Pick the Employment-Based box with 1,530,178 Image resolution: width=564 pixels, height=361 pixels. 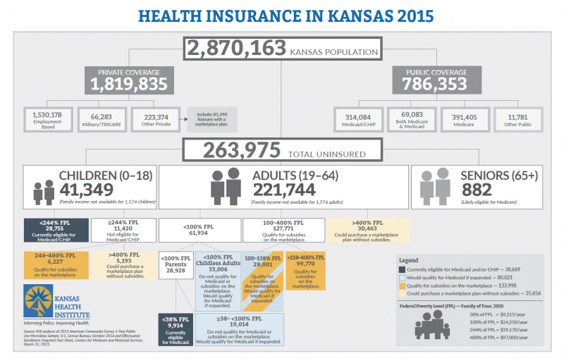point(47,118)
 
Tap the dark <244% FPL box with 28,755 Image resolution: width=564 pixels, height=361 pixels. point(55,230)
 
